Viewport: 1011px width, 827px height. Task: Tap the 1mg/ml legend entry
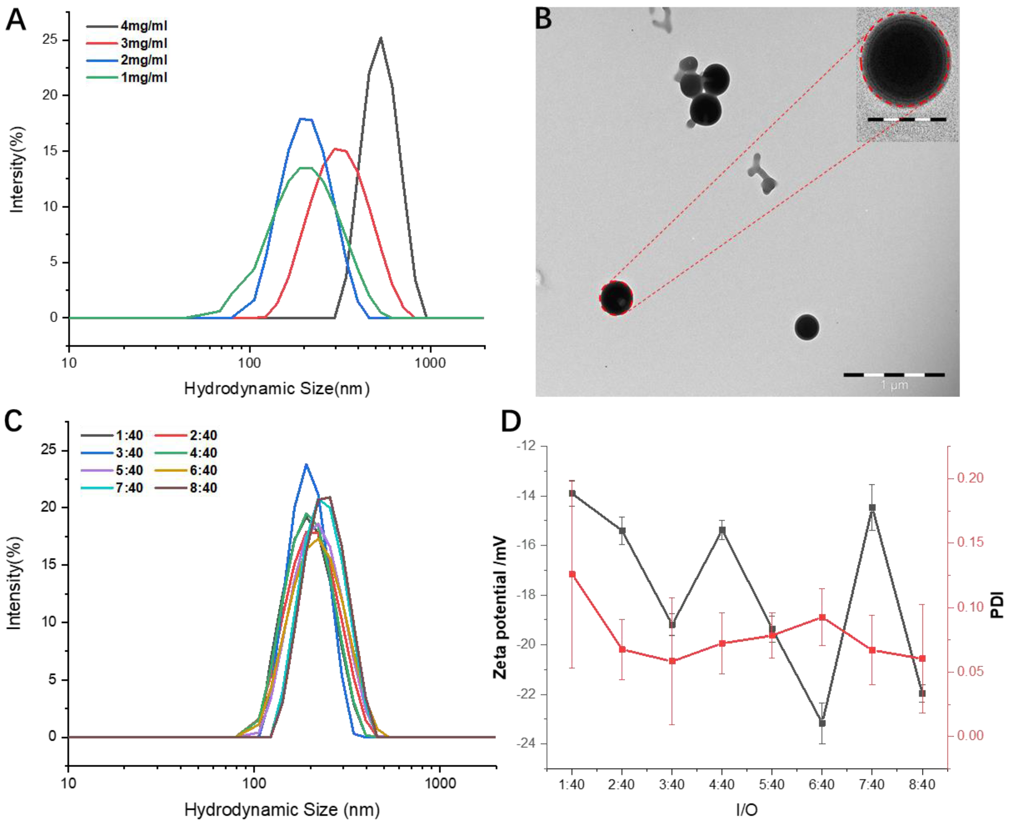143,77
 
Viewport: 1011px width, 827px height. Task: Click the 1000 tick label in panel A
430,364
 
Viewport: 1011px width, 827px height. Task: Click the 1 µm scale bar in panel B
894,375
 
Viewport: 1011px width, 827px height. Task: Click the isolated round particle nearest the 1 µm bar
807,327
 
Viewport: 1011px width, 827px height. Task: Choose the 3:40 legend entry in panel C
129,453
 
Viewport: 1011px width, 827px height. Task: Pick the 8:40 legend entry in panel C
203,488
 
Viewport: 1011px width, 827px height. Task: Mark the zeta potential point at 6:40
822,723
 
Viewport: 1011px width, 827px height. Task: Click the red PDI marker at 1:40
572,574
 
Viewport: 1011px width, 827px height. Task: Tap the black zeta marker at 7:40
872,508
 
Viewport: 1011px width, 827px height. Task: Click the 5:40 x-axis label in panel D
772,785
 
